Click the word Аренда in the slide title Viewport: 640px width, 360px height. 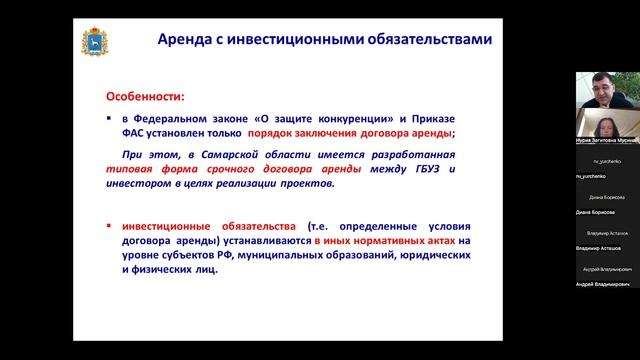click(187, 41)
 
